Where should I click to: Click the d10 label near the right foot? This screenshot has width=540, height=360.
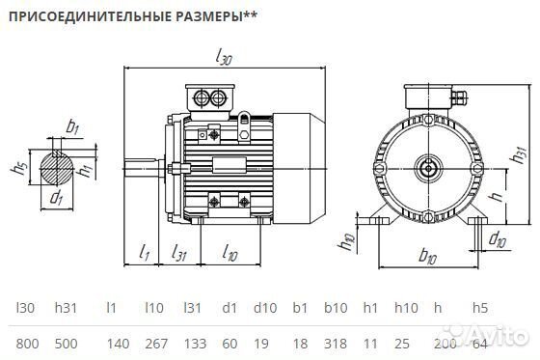pos(497,237)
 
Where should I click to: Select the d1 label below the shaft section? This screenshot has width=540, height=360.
pos(56,200)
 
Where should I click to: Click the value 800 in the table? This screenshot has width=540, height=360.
pos(28,344)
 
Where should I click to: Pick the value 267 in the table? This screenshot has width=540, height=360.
pos(153,344)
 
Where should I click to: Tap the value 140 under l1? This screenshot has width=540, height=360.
pos(117,344)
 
